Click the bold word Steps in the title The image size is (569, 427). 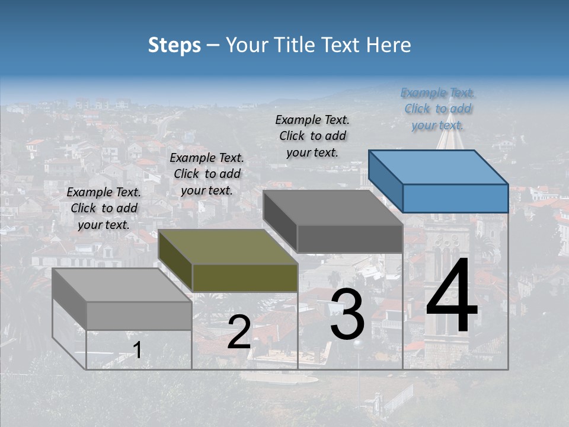(x=174, y=45)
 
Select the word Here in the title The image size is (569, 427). (x=388, y=45)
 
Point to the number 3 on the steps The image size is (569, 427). (x=347, y=315)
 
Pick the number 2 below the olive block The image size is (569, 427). (x=239, y=333)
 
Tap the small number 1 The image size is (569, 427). (x=137, y=350)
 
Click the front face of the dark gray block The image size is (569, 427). (x=350, y=239)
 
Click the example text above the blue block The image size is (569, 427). (x=438, y=109)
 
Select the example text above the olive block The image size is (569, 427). (x=207, y=174)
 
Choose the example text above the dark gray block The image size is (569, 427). (x=312, y=136)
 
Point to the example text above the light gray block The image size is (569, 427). (x=104, y=208)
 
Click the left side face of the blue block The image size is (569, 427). (x=385, y=181)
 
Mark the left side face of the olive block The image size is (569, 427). (x=175, y=261)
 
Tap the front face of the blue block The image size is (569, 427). (x=455, y=198)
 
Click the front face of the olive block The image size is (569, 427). (x=245, y=278)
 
